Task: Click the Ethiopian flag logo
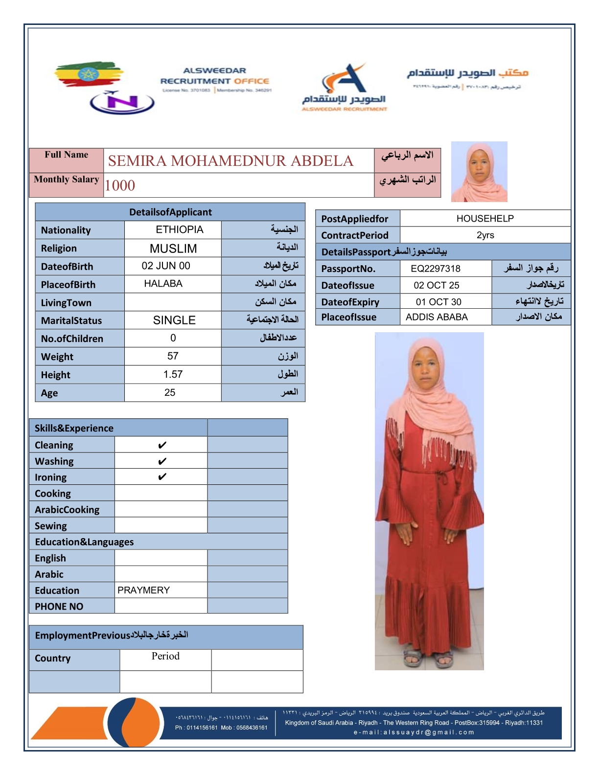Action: click(x=88, y=74)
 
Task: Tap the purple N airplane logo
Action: click(x=122, y=102)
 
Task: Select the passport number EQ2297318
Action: click(x=436, y=269)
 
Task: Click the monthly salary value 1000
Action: click(x=120, y=185)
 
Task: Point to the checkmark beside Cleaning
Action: click(x=162, y=445)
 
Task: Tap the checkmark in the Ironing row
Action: click(x=162, y=477)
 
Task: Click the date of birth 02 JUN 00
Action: click(x=166, y=266)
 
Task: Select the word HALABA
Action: click(x=163, y=284)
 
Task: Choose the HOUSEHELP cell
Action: click(x=485, y=219)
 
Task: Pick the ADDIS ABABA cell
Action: click(x=437, y=317)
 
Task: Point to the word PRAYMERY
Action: click(x=143, y=590)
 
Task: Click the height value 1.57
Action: click(x=173, y=374)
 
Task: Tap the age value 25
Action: click(x=170, y=392)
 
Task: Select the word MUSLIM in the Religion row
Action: click(x=173, y=249)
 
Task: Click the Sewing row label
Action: click(x=51, y=526)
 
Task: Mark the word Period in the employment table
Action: click(x=165, y=656)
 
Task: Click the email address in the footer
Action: click(x=414, y=732)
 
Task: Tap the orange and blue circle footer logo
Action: click(x=133, y=722)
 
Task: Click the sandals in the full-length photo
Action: click(x=429, y=658)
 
